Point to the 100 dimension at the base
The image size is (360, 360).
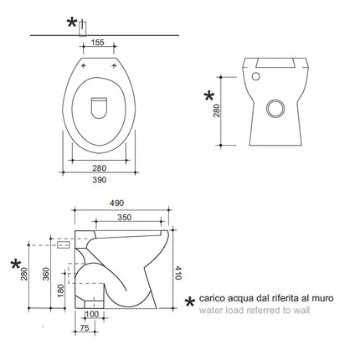tap(92, 314)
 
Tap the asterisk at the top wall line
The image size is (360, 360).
tap(73, 23)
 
